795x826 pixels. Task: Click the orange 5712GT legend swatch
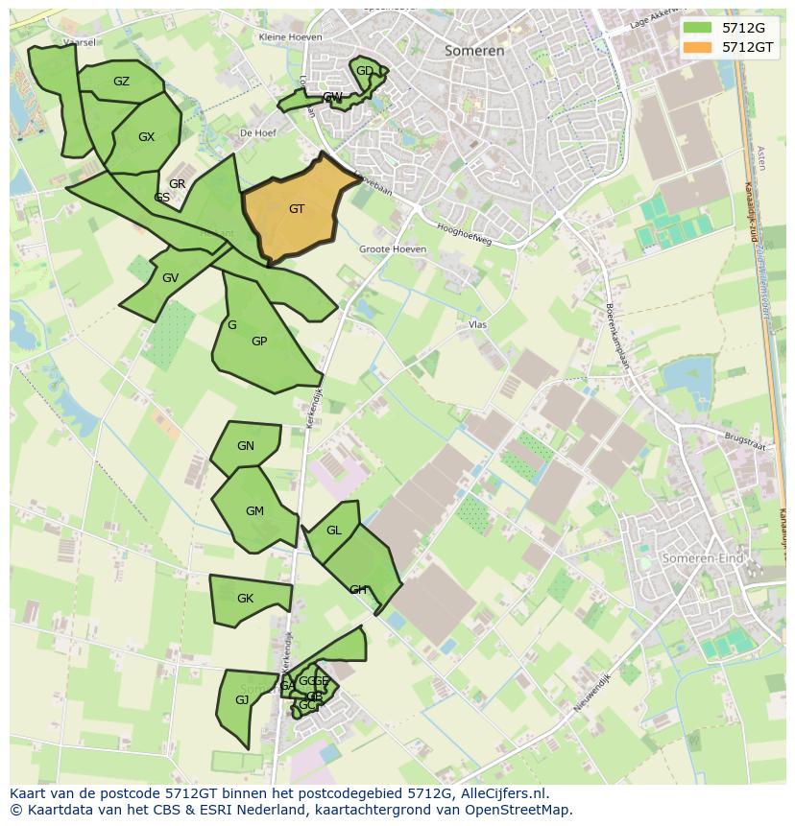698,47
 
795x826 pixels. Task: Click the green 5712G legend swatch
698,28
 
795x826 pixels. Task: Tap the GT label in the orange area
297,209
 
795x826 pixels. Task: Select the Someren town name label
474,51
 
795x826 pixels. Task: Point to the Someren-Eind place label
703,557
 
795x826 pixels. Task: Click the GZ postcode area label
121,82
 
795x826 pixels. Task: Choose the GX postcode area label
146,137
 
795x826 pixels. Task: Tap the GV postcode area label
170,278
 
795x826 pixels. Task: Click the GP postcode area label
259,342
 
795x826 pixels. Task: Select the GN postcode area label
246,446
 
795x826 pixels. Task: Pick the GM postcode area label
254,511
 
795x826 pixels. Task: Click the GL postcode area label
334,531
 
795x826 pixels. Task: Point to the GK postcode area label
245,599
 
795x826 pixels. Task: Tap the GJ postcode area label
242,700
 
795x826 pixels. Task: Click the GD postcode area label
365,71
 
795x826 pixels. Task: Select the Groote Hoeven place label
392,249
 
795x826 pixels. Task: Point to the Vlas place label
477,325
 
